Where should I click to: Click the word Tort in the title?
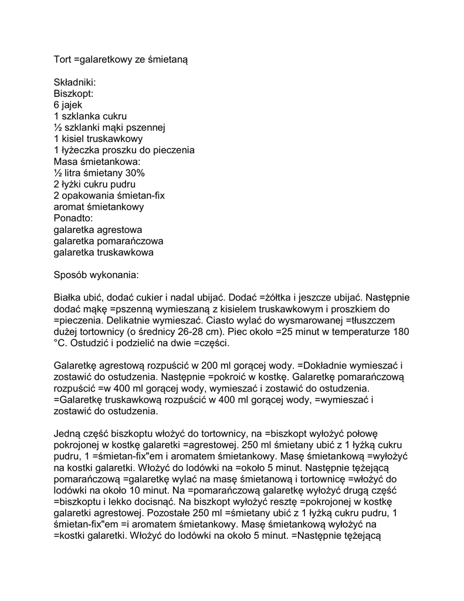pos(62,59)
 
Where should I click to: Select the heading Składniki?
pos(74,82)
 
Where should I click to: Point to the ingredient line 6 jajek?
pos(68,104)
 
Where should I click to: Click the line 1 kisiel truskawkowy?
pos(98,139)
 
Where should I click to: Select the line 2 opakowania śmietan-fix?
pos(109,195)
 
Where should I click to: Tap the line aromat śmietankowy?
pos(99,207)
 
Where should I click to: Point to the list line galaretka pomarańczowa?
pos(108,241)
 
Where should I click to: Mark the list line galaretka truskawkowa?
pos(103,252)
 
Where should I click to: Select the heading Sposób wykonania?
pos(96,275)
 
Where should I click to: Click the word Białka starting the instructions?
pos(67,298)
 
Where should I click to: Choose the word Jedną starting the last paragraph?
pos(68,434)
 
